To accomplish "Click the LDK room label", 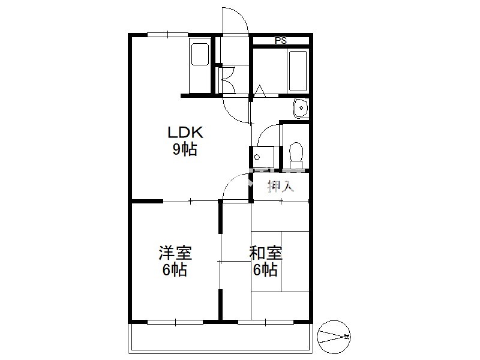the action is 185,133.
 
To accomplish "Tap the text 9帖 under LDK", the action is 185,149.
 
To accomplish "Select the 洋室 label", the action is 175,253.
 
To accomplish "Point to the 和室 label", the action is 266,253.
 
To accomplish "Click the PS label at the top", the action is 280,40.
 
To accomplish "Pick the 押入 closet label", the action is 281,186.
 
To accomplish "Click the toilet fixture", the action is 296,155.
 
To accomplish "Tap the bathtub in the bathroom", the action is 298,71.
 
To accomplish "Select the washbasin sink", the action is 301,108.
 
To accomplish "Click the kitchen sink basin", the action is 200,54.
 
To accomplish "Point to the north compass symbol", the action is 334,337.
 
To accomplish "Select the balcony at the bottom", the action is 221,337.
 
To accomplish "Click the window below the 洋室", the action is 175,322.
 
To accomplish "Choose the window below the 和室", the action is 266,322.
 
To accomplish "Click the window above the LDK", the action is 168,35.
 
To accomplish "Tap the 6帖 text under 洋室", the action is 175,269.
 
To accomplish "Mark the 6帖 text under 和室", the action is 265,269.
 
